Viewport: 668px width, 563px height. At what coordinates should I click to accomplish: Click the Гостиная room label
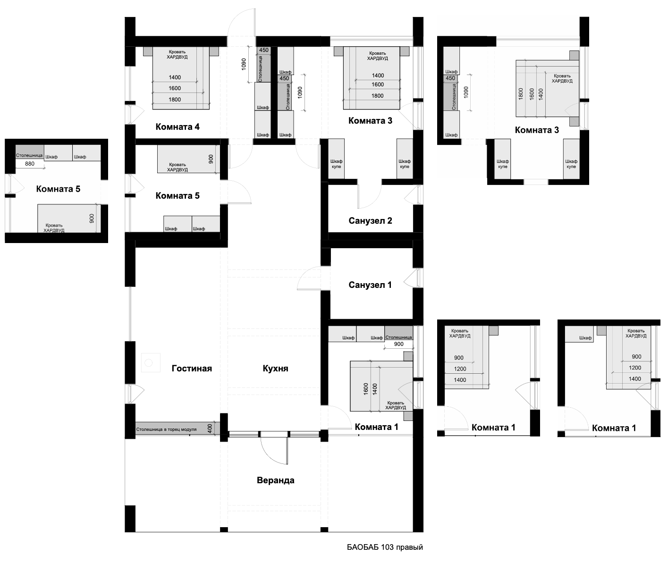[x=192, y=369]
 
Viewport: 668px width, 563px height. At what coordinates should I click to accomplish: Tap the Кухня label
[x=275, y=369]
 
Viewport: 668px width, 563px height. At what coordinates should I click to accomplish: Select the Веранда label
[x=275, y=480]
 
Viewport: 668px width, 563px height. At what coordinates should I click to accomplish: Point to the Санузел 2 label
[x=370, y=221]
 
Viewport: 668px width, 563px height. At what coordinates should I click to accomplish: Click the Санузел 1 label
[x=370, y=285]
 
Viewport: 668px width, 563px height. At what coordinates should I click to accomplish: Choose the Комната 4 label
[x=178, y=127]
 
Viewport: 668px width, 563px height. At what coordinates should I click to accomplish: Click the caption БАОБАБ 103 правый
[x=385, y=547]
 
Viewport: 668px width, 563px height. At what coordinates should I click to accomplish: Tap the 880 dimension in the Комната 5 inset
[x=29, y=164]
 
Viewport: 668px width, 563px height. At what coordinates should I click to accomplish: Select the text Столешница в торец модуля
[x=166, y=429]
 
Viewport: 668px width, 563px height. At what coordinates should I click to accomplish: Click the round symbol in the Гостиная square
[x=148, y=363]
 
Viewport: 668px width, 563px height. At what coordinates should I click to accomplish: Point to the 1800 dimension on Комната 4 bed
[x=175, y=100]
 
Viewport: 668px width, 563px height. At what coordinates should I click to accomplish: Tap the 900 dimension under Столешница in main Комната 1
[x=398, y=344]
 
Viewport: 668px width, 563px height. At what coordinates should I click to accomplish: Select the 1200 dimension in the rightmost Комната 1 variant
[x=635, y=368]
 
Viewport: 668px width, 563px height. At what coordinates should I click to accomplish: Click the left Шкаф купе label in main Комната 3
[x=336, y=164]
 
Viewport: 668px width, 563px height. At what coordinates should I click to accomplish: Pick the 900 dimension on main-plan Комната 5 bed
[x=211, y=159]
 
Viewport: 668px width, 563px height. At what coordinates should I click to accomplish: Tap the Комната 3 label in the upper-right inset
[x=537, y=130]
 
